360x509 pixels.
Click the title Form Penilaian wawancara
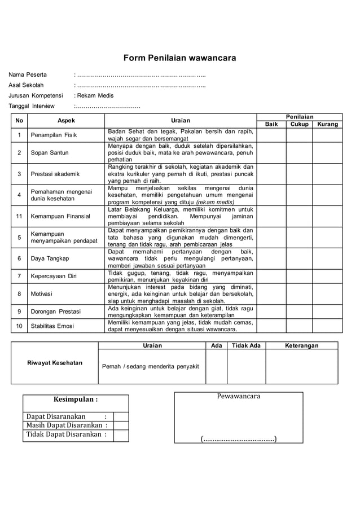[x=179, y=58]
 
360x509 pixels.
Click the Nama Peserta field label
[x=28, y=74]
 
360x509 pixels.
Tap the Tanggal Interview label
[x=32, y=106]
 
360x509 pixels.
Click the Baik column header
[x=271, y=124]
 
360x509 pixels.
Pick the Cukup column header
[x=300, y=124]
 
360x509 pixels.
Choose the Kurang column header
[x=327, y=124]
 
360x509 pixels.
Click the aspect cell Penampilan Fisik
[x=54, y=135]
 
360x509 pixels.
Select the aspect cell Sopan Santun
[x=50, y=153]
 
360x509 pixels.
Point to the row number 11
[x=19, y=216]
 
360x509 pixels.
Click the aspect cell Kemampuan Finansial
[x=60, y=216]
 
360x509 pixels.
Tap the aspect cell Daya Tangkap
[x=50, y=258]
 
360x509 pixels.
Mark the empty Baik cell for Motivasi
[x=271, y=293]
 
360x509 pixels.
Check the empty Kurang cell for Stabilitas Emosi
[x=327, y=326]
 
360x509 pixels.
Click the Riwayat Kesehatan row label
[x=55, y=363]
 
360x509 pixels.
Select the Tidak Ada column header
[x=247, y=345]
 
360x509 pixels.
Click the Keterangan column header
[x=301, y=345]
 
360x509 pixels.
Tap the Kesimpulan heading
[x=76, y=400]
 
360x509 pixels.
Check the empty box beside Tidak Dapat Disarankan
[x=120, y=435]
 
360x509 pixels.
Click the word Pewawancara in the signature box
[x=239, y=396]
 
